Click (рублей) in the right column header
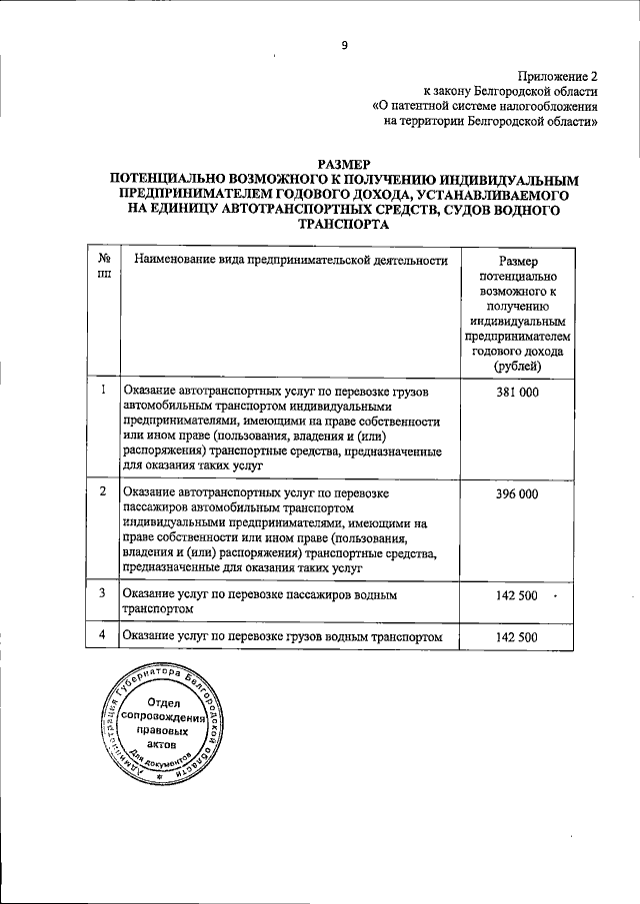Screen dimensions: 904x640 tap(517, 370)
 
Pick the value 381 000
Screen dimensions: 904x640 tap(517, 393)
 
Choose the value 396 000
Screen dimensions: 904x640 tap(517, 494)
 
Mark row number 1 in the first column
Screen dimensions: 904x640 tap(104, 392)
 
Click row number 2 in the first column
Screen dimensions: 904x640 tap(104, 493)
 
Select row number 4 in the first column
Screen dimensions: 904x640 tap(104, 636)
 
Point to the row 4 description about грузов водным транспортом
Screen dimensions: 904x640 tap(282, 637)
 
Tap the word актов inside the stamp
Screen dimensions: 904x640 tap(161, 745)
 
